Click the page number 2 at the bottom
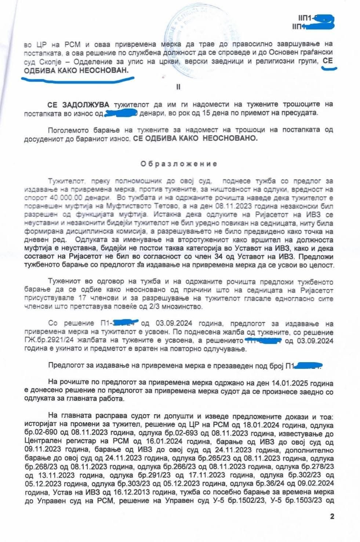[x=332, y=517]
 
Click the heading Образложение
[x=179, y=164]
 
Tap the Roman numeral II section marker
[x=179, y=87]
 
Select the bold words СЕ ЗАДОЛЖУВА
[x=78, y=105]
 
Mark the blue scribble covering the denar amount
[x=121, y=114]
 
